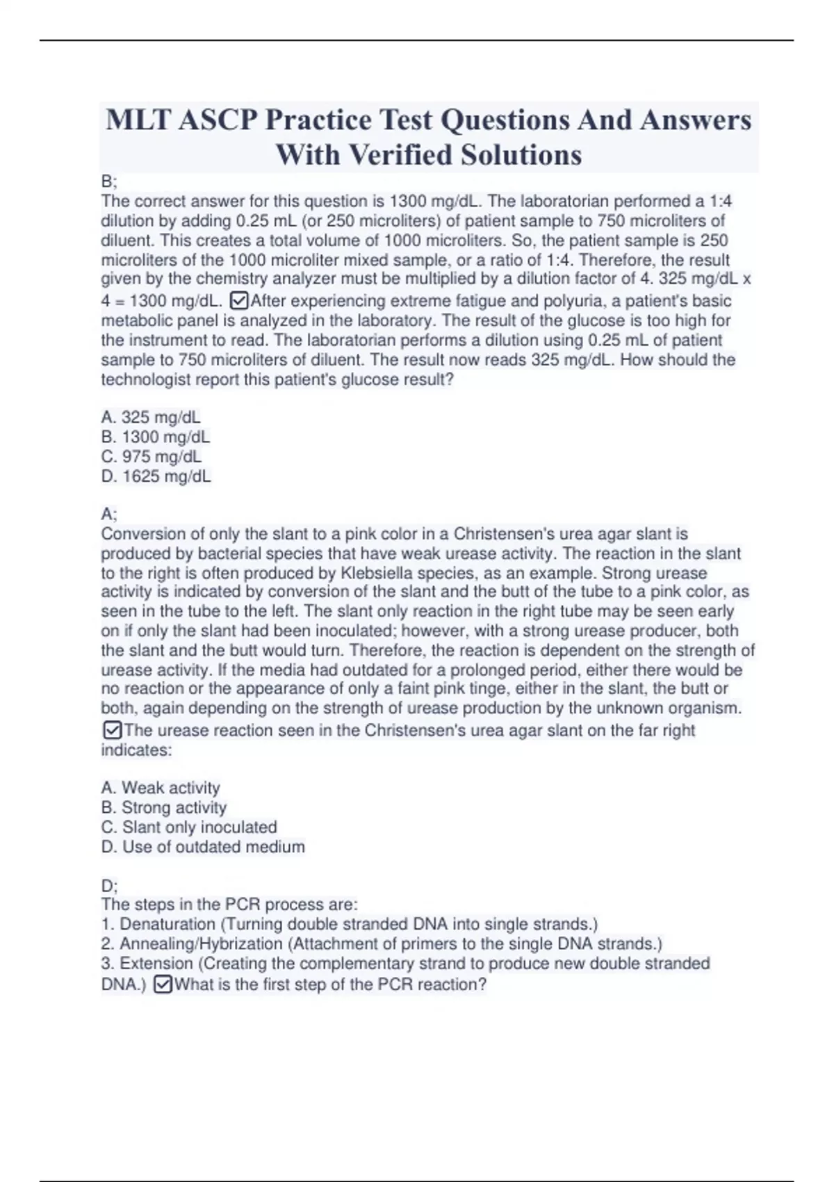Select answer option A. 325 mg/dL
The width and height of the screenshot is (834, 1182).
(x=151, y=417)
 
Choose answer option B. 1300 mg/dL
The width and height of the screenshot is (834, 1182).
(x=156, y=437)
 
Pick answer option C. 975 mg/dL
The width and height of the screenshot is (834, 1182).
(x=152, y=457)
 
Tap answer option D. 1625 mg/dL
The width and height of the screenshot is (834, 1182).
(x=156, y=476)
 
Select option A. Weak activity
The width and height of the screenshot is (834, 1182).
(x=161, y=788)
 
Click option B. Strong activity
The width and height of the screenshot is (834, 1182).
(x=164, y=807)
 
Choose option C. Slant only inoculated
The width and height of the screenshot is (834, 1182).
(x=189, y=827)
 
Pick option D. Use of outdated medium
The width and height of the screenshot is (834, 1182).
(x=203, y=847)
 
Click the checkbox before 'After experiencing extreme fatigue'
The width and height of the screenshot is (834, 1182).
(x=238, y=301)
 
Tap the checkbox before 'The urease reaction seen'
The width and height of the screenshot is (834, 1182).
(x=111, y=730)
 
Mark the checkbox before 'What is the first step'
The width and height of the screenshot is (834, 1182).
(x=162, y=985)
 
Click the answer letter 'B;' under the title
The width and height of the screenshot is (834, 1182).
(x=109, y=181)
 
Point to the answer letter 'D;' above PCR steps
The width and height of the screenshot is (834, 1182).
(x=109, y=886)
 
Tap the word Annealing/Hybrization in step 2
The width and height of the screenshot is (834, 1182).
(x=201, y=944)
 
